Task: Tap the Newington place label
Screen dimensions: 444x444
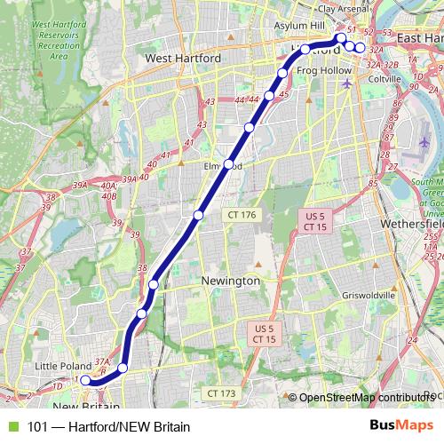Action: tap(231, 281)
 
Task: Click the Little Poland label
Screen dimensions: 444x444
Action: tap(63, 365)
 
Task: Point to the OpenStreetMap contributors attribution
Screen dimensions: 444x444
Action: tap(364, 398)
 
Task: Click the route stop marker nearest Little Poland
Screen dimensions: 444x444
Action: tap(85, 380)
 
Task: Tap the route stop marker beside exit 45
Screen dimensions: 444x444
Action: tap(269, 95)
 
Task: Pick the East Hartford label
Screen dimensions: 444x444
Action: tap(421, 39)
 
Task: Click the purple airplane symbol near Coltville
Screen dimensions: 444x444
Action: tap(347, 83)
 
